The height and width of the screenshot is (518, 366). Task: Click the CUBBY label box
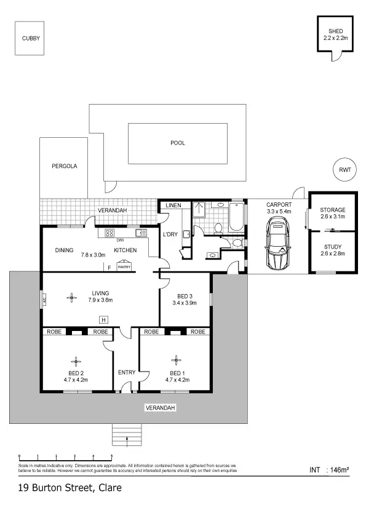pyautogui.click(x=31, y=38)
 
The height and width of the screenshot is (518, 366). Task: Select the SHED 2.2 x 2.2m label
pyautogui.click(x=335, y=34)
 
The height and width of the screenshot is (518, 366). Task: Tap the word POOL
pyautogui.click(x=178, y=143)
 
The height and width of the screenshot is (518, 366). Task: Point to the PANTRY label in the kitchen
pyautogui.click(x=124, y=267)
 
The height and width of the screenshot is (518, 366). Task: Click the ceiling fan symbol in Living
pyautogui.click(x=72, y=298)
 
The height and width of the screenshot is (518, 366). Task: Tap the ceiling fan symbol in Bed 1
pyautogui.click(x=176, y=360)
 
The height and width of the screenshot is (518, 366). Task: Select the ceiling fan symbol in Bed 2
pyautogui.click(x=76, y=361)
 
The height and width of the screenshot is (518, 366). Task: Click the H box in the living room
pyautogui.click(x=103, y=319)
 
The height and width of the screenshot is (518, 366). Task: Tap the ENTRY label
pyautogui.click(x=126, y=372)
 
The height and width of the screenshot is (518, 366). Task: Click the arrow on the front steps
pyautogui.click(x=127, y=439)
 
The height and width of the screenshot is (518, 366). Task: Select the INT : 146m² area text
pyautogui.click(x=329, y=471)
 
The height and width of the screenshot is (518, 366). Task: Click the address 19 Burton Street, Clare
pyautogui.click(x=70, y=488)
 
